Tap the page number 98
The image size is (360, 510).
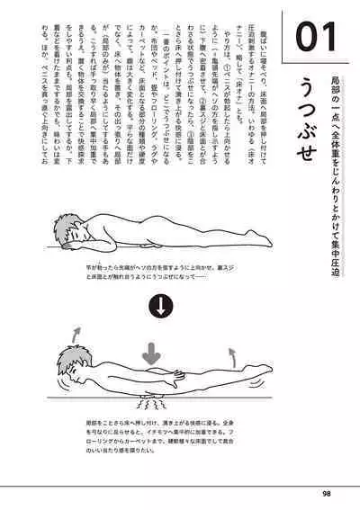[x=327, y=492]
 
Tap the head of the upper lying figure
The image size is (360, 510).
[x=75, y=230]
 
